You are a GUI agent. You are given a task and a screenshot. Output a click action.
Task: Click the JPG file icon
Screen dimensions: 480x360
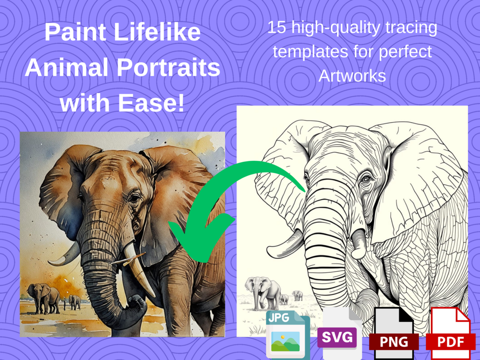(288, 334)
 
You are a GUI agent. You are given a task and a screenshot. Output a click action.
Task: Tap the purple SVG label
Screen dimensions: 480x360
(337, 338)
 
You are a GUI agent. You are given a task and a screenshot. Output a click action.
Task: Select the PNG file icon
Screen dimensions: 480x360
(394, 333)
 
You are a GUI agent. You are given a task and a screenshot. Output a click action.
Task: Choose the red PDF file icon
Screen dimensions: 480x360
(450, 333)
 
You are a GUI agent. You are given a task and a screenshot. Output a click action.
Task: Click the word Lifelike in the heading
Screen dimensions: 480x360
(157, 32)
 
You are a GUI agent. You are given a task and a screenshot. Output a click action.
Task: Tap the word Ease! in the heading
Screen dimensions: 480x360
(151, 103)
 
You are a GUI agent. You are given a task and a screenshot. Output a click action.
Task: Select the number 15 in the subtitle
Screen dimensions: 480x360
(277, 27)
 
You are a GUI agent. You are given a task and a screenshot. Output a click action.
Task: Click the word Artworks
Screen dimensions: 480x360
(352, 76)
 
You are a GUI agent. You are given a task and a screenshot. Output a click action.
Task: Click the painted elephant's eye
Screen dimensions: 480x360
(134, 197)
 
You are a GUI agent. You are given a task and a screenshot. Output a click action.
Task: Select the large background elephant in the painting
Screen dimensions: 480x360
(43, 298)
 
